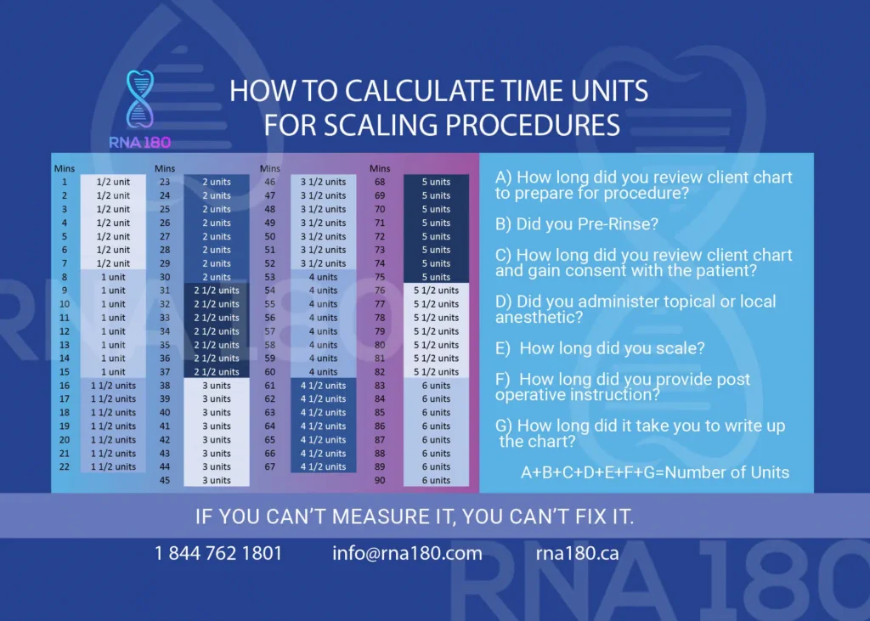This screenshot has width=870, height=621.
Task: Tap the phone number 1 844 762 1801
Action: click(x=218, y=554)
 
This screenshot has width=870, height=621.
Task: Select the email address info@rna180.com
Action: click(x=407, y=554)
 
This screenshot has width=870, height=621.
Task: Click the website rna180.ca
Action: click(x=577, y=554)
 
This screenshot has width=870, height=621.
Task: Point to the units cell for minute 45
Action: click(x=217, y=481)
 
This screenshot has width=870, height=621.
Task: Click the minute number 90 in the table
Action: click(x=380, y=481)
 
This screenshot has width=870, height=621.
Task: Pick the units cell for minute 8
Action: click(x=113, y=277)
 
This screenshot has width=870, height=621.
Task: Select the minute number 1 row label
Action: click(x=64, y=182)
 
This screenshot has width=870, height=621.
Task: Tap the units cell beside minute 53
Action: click(x=323, y=277)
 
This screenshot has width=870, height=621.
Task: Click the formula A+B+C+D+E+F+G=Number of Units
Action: click(x=655, y=472)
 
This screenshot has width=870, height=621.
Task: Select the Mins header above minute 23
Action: click(x=165, y=168)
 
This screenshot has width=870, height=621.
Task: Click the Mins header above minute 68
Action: click(x=380, y=168)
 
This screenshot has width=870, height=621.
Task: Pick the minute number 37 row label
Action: click(x=165, y=372)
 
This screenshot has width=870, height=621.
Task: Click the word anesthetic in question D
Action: click(x=539, y=318)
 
